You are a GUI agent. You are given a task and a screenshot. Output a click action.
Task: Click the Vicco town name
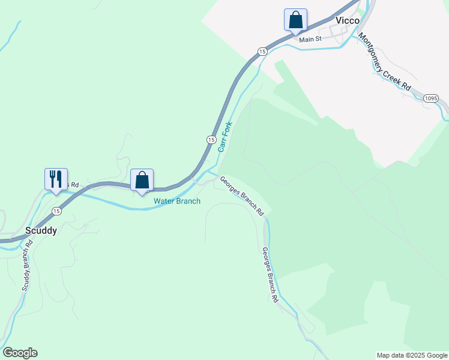click(x=348, y=20)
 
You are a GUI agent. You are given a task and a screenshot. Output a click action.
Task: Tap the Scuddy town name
click(x=41, y=230)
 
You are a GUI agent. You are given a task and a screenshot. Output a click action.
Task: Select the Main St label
click(x=311, y=39)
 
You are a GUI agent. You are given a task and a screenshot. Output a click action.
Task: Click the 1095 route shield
click(x=430, y=98)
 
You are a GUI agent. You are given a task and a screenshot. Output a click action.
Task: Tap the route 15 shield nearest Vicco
click(x=262, y=52)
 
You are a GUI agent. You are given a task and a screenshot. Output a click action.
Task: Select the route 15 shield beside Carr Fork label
click(x=211, y=139)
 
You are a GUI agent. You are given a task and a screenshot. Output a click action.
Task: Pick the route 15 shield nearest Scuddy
click(x=56, y=211)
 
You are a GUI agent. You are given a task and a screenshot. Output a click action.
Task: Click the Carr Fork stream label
click(x=224, y=137)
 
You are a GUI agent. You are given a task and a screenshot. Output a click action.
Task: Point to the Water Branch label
click(x=176, y=201)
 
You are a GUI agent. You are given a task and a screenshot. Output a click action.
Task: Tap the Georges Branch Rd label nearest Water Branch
click(x=241, y=196)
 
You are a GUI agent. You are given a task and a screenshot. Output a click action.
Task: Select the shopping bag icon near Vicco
click(x=295, y=20)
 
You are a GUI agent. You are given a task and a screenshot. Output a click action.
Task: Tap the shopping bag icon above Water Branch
click(x=142, y=180)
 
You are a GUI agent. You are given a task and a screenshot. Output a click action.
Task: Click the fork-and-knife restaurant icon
click(x=56, y=179)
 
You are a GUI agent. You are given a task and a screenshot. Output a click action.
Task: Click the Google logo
click(x=20, y=353)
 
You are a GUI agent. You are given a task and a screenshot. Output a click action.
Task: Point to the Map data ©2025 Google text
click(x=411, y=355)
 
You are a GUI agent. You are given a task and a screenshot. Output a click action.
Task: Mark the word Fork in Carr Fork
click(x=228, y=129)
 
